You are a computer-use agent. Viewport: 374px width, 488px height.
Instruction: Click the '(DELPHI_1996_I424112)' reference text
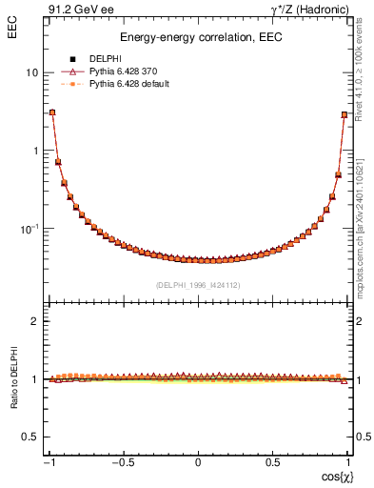pos(198,284)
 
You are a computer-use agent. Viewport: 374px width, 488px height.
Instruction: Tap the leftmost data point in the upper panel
pos(52,112)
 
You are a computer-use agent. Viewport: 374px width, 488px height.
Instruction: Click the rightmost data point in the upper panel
pos(344,114)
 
